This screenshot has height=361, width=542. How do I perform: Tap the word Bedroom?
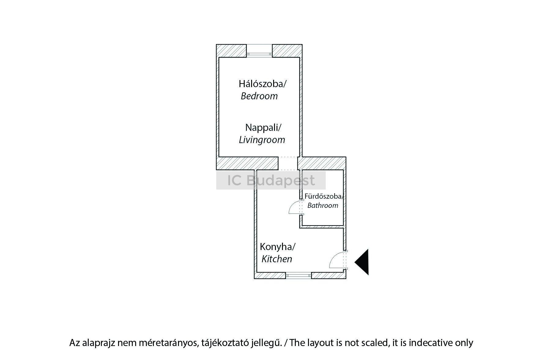click(x=259, y=96)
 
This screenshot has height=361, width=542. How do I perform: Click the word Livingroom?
click(x=262, y=140)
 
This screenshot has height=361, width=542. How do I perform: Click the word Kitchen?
click(x=277, y=259)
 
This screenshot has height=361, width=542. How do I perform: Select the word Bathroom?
click(x=323, y=205)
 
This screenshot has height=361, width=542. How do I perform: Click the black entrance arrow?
click(x=363, y=262)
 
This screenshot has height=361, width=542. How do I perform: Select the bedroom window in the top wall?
click(x=259, y=54)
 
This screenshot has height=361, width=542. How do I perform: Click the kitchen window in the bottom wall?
click(x=299, y=275)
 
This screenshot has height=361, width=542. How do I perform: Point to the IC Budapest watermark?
click(x=271, y=180)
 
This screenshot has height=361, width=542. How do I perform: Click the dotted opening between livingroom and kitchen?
click(x=288, y=164)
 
